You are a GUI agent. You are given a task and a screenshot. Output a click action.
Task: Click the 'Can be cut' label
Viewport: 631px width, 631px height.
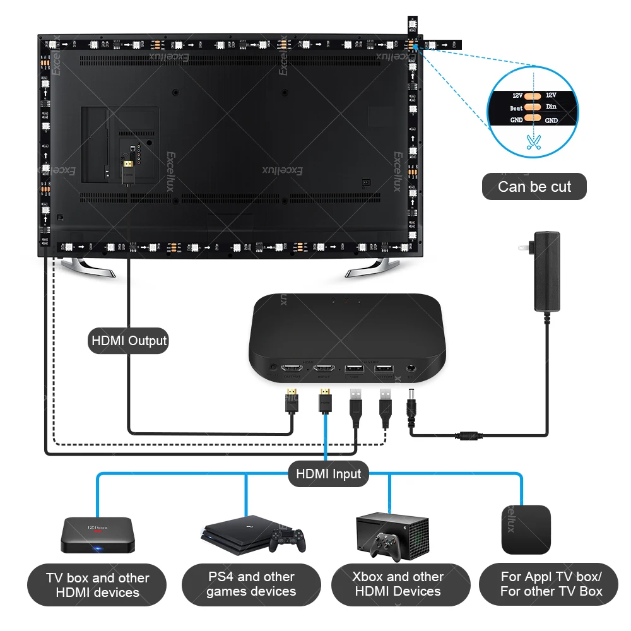pos(534,187)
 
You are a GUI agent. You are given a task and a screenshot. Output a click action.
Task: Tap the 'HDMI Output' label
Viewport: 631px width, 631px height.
pos(129,341)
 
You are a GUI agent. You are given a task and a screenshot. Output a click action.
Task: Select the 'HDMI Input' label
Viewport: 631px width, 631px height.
pos(328,473)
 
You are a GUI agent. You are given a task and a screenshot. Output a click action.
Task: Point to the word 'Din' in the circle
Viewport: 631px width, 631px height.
pos(551,107)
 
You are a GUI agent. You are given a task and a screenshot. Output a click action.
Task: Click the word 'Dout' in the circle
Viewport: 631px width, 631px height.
pos(516,108)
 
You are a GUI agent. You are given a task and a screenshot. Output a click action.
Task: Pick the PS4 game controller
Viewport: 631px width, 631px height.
pos(287,540)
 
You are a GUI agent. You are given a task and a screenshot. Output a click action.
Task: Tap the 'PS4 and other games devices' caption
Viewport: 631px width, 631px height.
pos(251,584)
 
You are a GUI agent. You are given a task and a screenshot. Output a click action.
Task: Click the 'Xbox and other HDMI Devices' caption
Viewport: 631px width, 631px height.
pos(398,584)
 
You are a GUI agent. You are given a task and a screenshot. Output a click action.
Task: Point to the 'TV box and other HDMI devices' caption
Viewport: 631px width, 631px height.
pos(97,585)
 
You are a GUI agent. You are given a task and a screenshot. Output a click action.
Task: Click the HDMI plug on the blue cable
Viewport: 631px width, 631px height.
pos(325,401)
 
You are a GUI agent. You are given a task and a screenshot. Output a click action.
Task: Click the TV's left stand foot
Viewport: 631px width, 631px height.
pos(91,268)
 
